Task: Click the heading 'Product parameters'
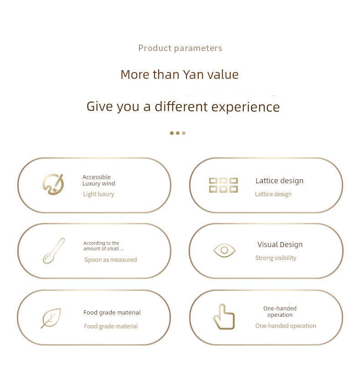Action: (x=180, y=48)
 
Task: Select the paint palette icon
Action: (x=53, y=184)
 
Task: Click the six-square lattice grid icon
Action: (x=223, y=185)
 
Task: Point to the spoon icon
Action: (x=54, y=251)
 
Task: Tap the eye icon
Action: (x=224, y=250)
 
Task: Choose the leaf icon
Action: (x=51, y=318)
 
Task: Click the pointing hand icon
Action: (x=224, y=316)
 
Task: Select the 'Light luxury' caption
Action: (x=98, y=194)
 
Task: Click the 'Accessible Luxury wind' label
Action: (x=99, y=181)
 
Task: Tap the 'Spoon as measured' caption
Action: (x=111, y=260)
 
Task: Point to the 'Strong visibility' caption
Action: (x=276, y=258)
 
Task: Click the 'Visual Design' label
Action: (x=280, y=244)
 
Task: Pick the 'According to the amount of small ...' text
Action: (x=103, y=246)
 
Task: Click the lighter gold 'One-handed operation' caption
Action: (x=286, y=326)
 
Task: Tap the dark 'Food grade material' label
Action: (x=112, y=313)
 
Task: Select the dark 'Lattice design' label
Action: (x=279, y=181)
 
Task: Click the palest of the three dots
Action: (x=184, y=133)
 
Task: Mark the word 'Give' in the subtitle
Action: (x=100, y=107)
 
